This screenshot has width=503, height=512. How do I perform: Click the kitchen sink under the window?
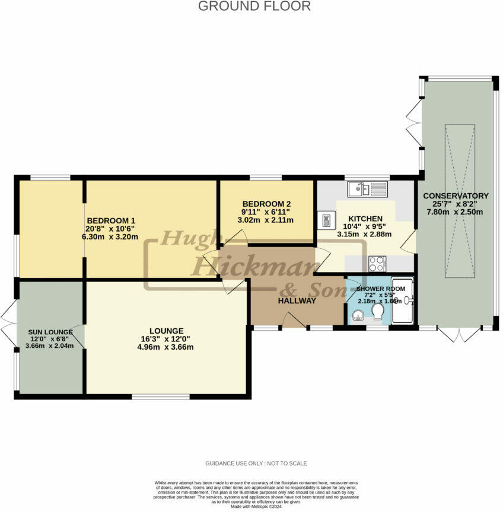(368, 189)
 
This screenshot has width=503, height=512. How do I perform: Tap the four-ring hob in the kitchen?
(377, 263)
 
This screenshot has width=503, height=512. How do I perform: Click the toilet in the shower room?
(377, 311)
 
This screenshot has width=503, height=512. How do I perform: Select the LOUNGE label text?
(166, 331)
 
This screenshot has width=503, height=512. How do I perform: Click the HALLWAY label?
(297, 300)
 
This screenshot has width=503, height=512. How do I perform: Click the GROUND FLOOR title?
(254, 7)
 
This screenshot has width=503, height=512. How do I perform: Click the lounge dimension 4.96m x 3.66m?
(166, 347)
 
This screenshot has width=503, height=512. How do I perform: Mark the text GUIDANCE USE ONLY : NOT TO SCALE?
(256, 463)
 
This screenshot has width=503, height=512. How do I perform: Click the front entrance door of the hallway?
(294, 321)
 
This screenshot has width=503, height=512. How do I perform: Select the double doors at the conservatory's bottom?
(461, 334)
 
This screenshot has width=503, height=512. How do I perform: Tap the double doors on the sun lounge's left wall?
(9, 323)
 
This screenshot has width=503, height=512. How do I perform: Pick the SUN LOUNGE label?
(50, 332)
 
